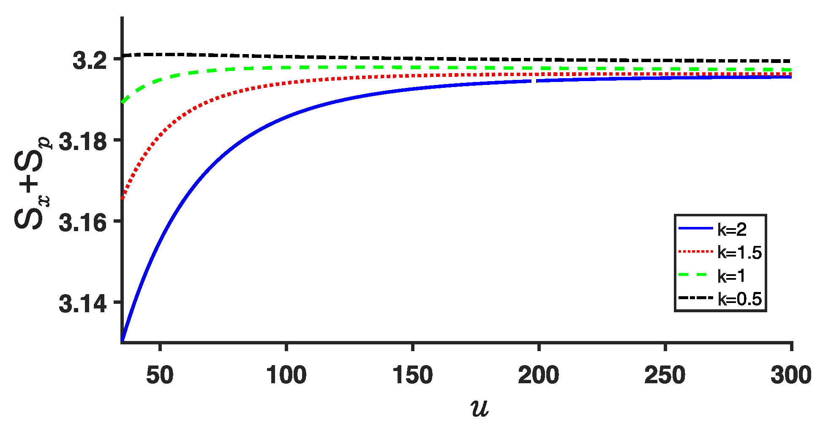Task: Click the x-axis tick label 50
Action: [x=160, y=375]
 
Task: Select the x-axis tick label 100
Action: [x=286, y=375]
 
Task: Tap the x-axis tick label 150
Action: [x=412, y=375]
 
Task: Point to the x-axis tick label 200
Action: [x=539, y=375]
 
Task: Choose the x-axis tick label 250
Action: [x=665, y=375]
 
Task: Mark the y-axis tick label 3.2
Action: [x=90, y=61]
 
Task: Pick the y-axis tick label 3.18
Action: [x=83, y=142]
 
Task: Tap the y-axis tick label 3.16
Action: [x=83, y=223]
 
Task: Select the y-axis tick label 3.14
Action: [x=83, y=304]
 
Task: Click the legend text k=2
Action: [x=732, y=229]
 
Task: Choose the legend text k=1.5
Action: [x=739, y=253]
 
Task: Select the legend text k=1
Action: [x=731, y=276]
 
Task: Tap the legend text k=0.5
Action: [x=739, y=299]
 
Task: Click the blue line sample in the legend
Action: [x=695, y=229]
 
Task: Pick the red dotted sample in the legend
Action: [x=695, y=252]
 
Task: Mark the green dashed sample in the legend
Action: [x=695, y=275]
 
